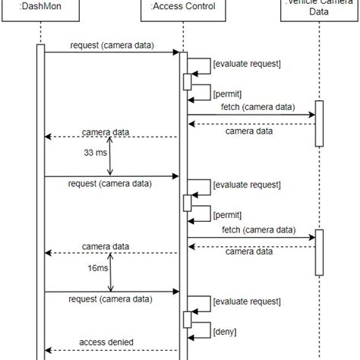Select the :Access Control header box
(x=183, y=8)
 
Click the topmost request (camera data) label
(x=112, y=46)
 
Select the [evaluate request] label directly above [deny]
(x=248, y=302)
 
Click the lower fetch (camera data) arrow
(x=251, y=238)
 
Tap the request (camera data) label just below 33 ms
(x=110, y=184)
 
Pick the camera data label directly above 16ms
(x=106, y=247)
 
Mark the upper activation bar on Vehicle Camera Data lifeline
(x=319, y=124)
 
